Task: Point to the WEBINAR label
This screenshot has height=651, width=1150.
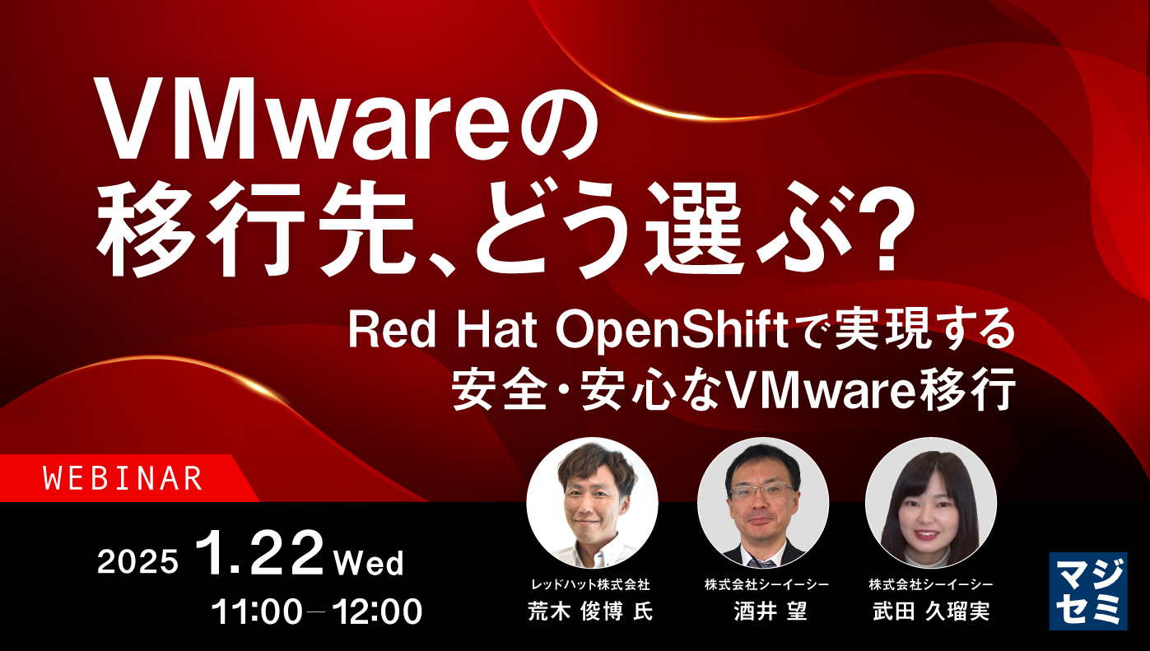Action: click(x=123, y=478)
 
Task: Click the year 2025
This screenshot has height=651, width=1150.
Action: click(x=137, y=562)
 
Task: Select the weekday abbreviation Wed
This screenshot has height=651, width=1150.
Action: click(x=369, y=563)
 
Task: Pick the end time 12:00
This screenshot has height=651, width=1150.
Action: click(x=375, y=611)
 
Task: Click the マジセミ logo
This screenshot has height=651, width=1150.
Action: click(x=1087, y=591)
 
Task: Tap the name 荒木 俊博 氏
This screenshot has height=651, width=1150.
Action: click(x=590, y=611)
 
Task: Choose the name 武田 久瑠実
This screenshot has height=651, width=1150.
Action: click(x=931, y=611)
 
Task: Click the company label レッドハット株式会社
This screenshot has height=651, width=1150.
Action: click(x=590, y=584)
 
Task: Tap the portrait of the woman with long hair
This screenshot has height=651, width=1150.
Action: click(x=931, y=502)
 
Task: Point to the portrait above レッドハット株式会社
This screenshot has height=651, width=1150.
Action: click(x=592, y=502)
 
